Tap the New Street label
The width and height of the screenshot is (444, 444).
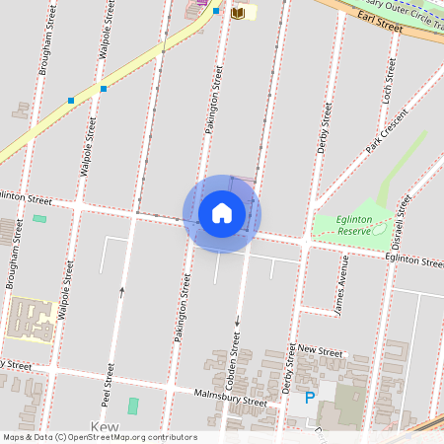click(320, 350)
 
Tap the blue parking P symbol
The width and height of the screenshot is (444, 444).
click(309, 398)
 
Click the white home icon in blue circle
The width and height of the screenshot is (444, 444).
click(222, 213)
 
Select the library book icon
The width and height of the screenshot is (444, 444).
click(237, 13)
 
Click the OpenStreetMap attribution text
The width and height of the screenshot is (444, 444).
click(99, 437)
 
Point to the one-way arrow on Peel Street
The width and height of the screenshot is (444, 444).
click(122, 290)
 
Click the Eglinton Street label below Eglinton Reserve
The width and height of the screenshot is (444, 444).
click(413, 261)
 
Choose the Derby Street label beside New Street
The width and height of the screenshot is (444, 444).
click(291, 367)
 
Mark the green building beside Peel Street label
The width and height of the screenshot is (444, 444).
click(133, 406)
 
